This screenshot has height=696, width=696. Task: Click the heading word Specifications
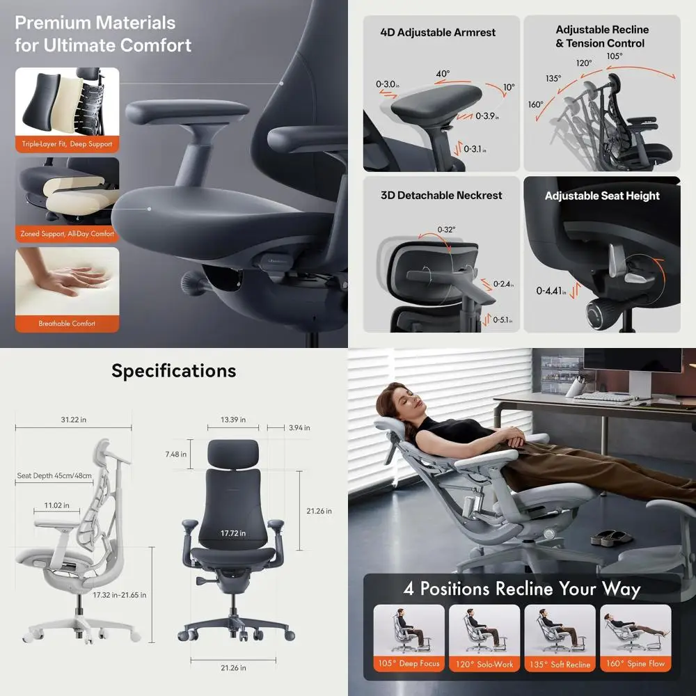click(173, 371)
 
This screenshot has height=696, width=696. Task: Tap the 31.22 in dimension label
click(73, 420)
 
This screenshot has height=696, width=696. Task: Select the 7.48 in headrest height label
click(176, 454)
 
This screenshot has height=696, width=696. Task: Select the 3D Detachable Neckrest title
click(441, 196)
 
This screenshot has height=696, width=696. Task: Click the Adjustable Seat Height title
click(602, 196)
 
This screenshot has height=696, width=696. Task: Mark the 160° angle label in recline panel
click(535, 105)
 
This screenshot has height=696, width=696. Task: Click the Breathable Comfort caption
click(67, 324)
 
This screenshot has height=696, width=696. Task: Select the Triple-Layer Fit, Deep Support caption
click(67, 145)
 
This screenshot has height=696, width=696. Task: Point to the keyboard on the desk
click(602, 397)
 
